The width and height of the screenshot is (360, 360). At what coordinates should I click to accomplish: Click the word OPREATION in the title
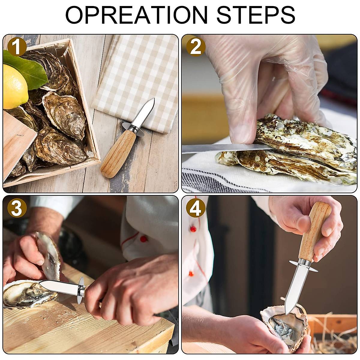point(136,14)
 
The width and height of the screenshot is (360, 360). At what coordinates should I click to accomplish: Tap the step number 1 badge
point(17,47)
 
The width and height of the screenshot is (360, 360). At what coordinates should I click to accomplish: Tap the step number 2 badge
point(196,47)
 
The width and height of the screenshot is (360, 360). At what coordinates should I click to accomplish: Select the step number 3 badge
point(17,208)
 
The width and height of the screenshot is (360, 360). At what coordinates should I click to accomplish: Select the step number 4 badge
point(196,208)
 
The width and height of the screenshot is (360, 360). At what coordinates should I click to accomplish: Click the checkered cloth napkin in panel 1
point(135,75)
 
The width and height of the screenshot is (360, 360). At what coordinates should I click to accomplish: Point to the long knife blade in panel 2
point(222,148)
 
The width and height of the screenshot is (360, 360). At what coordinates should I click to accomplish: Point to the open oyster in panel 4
point(283,327)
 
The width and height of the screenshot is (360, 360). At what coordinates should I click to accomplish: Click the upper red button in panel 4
point(193,229)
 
